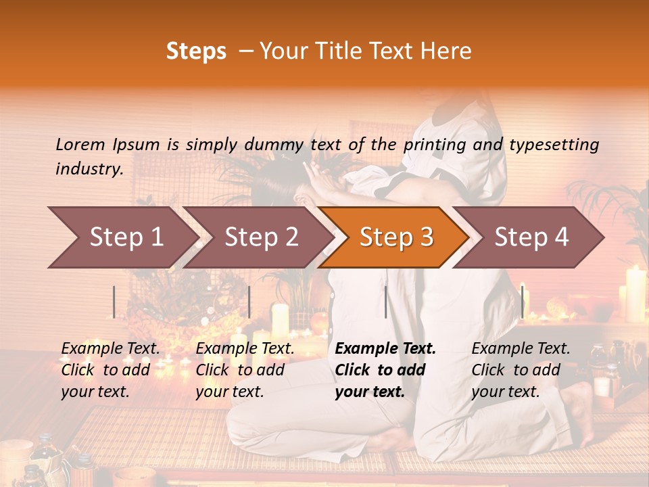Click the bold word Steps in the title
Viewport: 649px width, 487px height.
(196, 51)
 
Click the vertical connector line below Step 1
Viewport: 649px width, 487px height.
(114, 302)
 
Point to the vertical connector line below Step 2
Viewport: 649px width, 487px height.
(249, 302)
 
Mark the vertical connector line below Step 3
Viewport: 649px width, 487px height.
(385, 302)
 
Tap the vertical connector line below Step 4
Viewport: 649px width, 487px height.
(522, 302)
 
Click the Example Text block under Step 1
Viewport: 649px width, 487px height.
(110, 370)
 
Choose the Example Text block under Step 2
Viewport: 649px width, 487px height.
(245, 370)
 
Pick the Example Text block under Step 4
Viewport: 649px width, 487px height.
(521, 370)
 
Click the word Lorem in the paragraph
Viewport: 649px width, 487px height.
(80, 144)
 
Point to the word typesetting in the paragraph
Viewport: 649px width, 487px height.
(554, 145)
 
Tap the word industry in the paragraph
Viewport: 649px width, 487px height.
(89, 169)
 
